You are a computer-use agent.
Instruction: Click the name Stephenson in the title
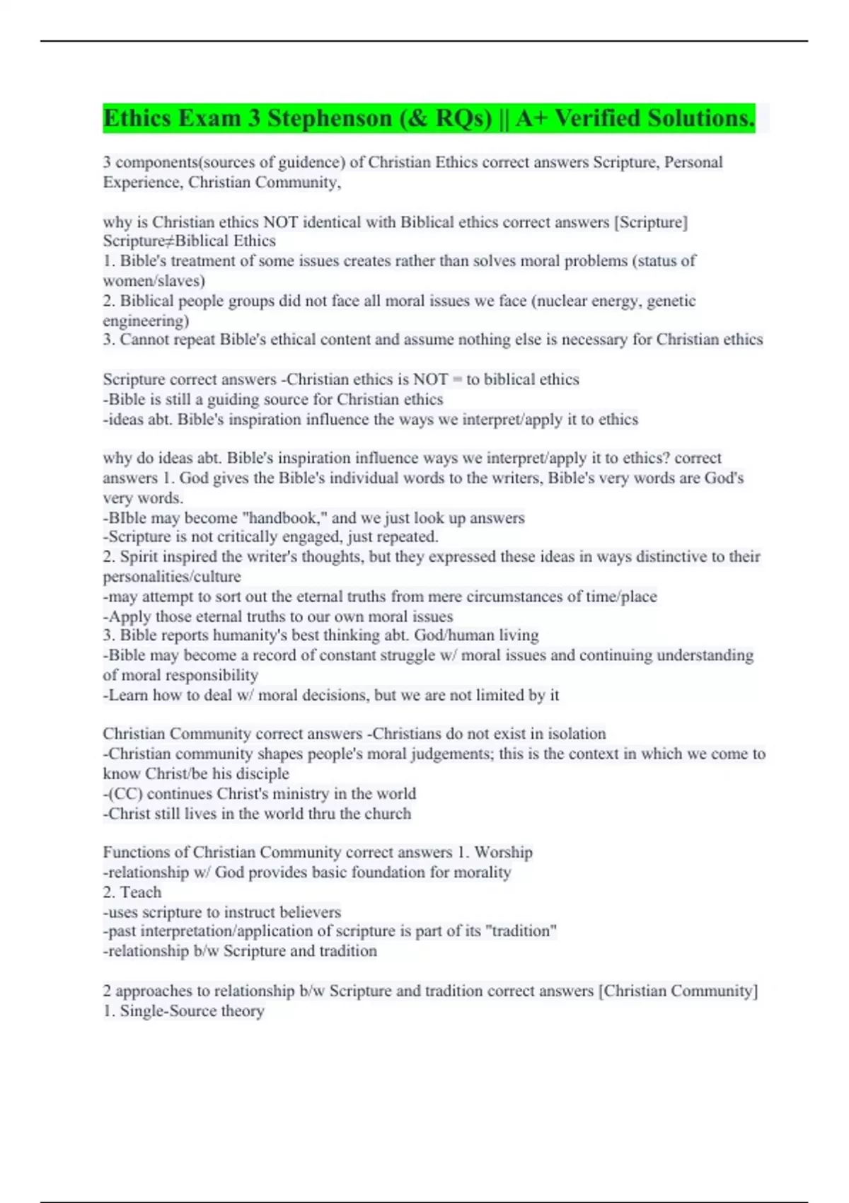click(x=330, y=118)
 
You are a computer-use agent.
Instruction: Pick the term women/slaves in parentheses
click(x=154, y=281)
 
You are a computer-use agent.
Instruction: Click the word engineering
click(x=146, y=321)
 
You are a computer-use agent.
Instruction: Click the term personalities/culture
click(x=172, y=577)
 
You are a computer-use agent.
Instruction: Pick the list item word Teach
click(x=141, y=892)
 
